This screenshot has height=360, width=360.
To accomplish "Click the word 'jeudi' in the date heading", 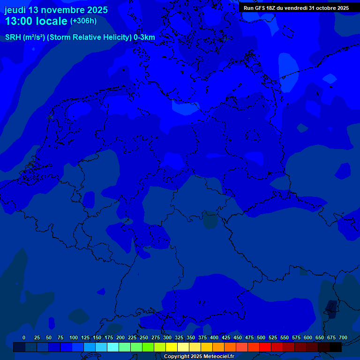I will pos(15,10).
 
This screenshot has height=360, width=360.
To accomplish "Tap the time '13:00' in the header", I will pos(19,21).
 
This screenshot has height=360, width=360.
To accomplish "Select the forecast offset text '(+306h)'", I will pos(83,21).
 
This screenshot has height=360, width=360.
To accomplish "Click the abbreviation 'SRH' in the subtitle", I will pos(13,37).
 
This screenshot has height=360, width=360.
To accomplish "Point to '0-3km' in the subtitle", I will pos(144,37).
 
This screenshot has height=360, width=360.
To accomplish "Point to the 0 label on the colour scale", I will pos(24,337).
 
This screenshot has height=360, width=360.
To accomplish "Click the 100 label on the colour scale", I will pos(74,337).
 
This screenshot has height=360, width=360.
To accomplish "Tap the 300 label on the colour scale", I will pos(167,337).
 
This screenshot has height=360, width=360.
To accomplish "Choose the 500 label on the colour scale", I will pos(261,337).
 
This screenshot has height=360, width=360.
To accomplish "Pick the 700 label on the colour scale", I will pos(343,337).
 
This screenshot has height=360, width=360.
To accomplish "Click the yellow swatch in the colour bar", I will pos(172,347).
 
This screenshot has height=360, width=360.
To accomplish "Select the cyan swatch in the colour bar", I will pos(113,347).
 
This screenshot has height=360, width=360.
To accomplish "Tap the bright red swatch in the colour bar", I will pos(265,347).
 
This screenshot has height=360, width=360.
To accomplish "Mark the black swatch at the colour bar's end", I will pos(336,347).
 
